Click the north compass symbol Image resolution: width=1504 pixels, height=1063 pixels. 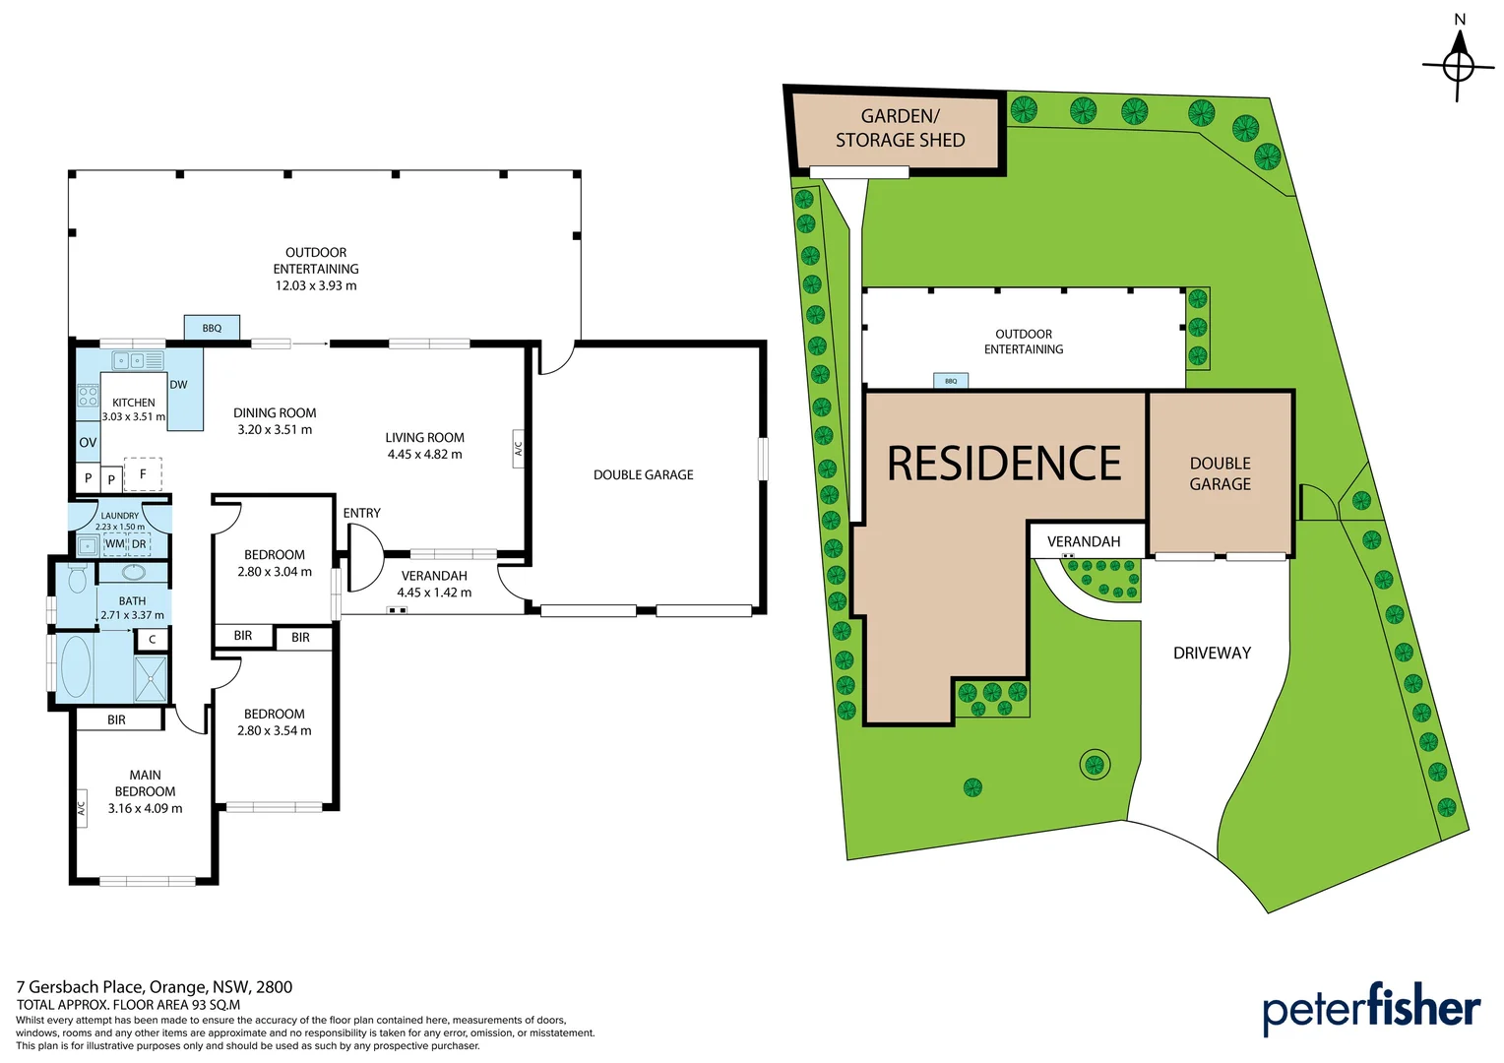pyautogui.click(x=1459, y=66)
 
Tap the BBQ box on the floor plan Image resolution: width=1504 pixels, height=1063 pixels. pyautogui.click(x=212, y=328)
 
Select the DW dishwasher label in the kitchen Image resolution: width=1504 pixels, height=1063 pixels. pyautogui.click(x=178, y=385)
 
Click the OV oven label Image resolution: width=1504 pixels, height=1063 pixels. pyautogui.click(x=88, y=443)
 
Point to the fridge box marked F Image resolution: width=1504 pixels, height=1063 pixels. pyautogui.click(x=143, y=474)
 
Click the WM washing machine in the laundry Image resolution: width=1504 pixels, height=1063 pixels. pyautogui.click(x=115, y=544)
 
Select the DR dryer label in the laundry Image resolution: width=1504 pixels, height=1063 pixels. pyautogui.click(x=140, y=544)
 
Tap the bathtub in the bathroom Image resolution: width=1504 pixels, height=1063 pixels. pyautogui.click(x=76, y=666)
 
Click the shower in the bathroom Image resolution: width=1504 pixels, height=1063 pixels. pyautogui.click(x=151, y=678)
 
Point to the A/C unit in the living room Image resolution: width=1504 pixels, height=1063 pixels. pyautogui.click(x=518, y=448)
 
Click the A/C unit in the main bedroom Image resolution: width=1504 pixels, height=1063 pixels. pyautogui.click(x=82, y=808)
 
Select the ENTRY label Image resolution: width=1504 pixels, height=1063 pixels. pyautogui.click(x=361, y=513)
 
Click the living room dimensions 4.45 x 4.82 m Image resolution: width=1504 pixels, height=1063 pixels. pyautogui.click(x=424, y=455)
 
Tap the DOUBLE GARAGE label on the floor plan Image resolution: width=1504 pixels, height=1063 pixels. pyautogui.click(x=643, y=474)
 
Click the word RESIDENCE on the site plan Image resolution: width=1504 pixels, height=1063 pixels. pyautogui.click(x=1003, y=464)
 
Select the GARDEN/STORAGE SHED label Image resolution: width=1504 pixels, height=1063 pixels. pyautogui.click(x=900, y=128)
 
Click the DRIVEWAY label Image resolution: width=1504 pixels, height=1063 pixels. pyautogui.click(x=1212, y=653)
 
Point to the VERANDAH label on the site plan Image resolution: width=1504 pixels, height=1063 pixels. pyautogui.click(x=1083, y=541)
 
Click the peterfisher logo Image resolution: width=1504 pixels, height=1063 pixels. pyautogui.click(x=1370, y=1008)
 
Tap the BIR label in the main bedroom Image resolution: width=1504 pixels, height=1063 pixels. pyautogui.click(x=116, y=719)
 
